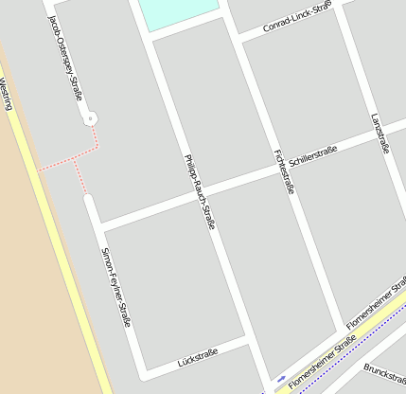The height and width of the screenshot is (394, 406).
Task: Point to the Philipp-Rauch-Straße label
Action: click(x=200, y=192)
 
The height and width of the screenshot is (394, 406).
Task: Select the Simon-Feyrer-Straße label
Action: click(x=115, y=288)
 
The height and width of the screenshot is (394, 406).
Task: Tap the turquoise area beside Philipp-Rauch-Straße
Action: click(x=179, y=10)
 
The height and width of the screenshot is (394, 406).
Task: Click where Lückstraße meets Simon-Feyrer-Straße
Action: click(x=144, y=368)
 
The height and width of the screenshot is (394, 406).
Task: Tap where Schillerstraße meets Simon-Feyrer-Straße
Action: click(x=100, y=228)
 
